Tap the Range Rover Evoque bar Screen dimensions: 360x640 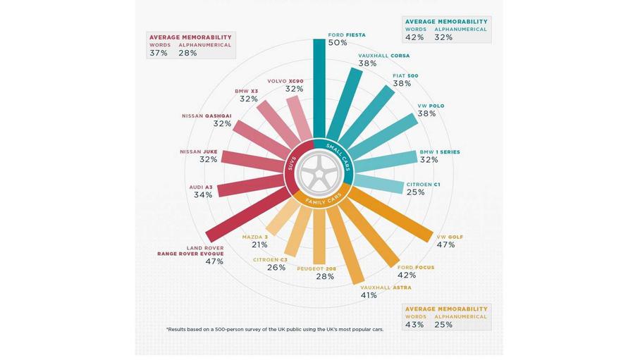coord(246,216)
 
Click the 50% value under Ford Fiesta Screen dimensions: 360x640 coord(338,43)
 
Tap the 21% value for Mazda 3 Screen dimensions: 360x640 coord(259,245)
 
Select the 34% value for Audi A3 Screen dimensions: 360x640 coord(203,195)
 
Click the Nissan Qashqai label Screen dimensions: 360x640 coord(207,116)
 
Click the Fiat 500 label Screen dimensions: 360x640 coord(405,75)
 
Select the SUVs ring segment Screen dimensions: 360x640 coord(292,166)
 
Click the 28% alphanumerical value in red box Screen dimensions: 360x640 coord(187,54)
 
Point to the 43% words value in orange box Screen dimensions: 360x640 coord(414,325)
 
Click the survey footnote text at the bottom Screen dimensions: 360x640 coord(275,330)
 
